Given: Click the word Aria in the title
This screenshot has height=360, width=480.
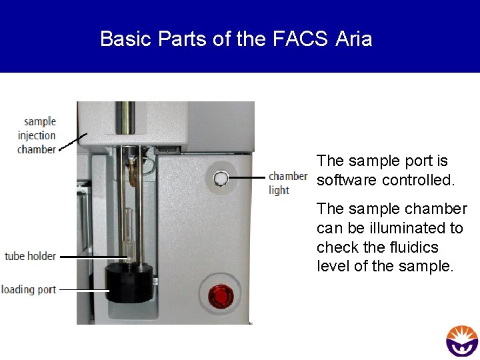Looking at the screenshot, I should pyautogui.click(x=354, y=39).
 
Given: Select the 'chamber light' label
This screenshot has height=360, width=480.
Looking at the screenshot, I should pyautogui.click(x=287, y=183).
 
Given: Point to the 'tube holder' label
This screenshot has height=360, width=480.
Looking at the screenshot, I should pyautogui.click(x=31, y=256).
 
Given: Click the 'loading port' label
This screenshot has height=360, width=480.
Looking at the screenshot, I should pyautogui.click(x=29, y=289).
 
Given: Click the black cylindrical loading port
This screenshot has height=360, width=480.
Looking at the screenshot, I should pyautogui.click(x=128, y=283).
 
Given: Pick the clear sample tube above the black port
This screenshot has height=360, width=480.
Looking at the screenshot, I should pyautogui.click(x=128, y=230).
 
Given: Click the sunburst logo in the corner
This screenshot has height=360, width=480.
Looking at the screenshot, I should pyautogui.click(x=462, y=340).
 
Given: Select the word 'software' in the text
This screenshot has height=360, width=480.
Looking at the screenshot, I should pyautogui.click(x=345, y=180).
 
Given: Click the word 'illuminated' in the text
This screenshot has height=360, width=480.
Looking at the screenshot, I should pyautogui.click(x=413, y=228).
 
